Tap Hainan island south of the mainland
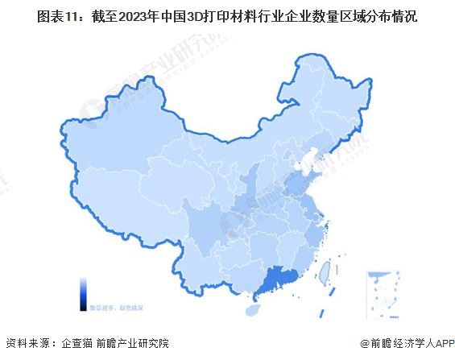pyautogui.click(x=251, y=308)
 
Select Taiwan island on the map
pyautogui.click(x=329, y=274)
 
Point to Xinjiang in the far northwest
pyautogui.click(x=113, y=153)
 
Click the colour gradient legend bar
pyautogui.click(x=84, y=294)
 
